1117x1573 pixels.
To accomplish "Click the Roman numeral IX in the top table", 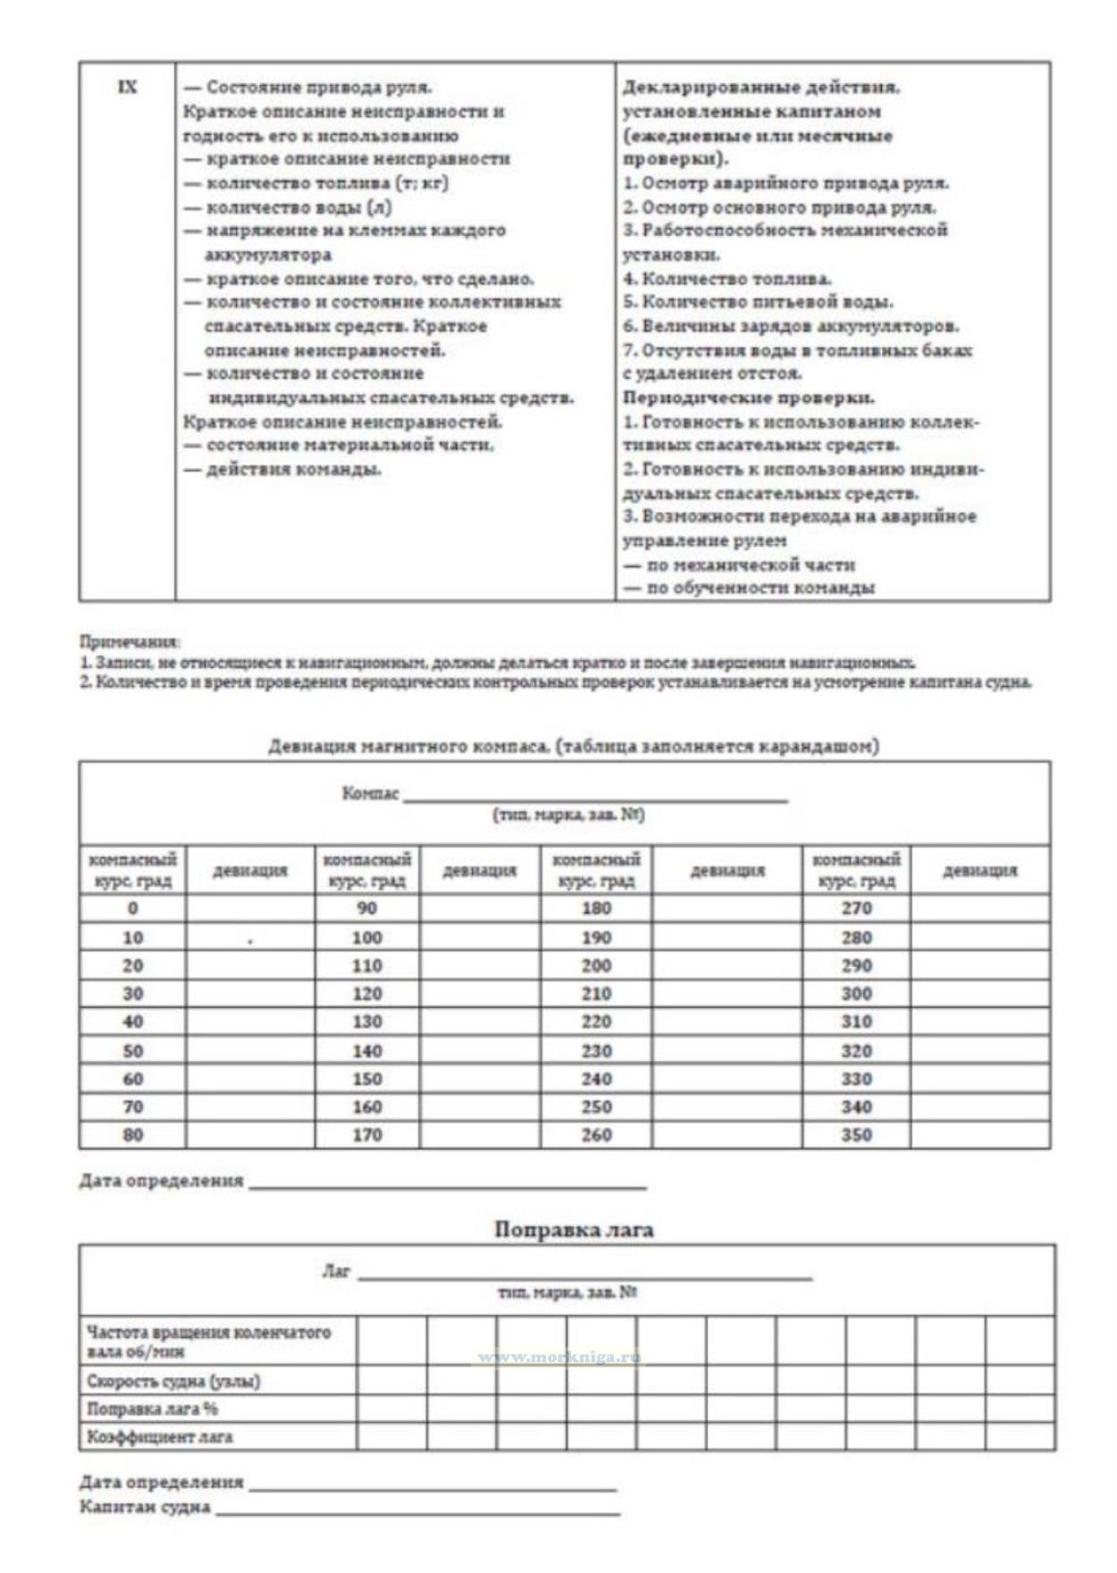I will click(128, 88).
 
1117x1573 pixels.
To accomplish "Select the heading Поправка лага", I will click(574, 1230).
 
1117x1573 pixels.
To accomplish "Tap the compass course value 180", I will click(596, 908).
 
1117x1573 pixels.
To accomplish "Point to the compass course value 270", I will click(856, 908).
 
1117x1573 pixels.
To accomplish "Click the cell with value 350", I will click(856, 1134).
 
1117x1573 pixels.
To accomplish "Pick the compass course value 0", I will click(132, 908).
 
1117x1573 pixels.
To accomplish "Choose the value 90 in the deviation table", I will click(366, 908).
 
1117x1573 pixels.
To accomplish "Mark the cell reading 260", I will click(596, 1134).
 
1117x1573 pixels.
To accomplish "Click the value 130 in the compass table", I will click(366, 1022).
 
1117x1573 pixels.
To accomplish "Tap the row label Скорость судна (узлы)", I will click(173, 1381).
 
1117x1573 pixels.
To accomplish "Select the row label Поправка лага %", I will click(153, 1410).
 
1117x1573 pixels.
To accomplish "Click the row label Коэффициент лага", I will click(160, 1437).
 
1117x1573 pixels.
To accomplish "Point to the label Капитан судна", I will click(145, 1508).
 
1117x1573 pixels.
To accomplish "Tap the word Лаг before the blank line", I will click(336, 1271).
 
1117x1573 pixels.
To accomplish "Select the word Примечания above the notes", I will click(130, 641).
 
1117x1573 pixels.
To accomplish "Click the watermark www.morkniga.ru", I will click(558, 1358).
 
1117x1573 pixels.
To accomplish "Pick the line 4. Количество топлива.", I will click(727, 279).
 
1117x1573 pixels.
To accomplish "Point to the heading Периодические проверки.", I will click(749, 397).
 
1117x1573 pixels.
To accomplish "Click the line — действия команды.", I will click(283, 470).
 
